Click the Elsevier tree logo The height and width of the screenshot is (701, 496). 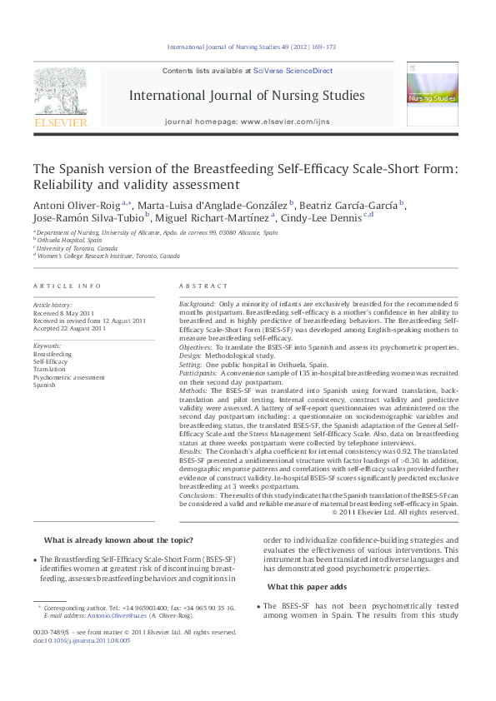click(59, 91)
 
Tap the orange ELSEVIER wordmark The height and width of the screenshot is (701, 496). click(59, 123)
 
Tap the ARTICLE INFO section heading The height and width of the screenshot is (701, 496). click(68, 286)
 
